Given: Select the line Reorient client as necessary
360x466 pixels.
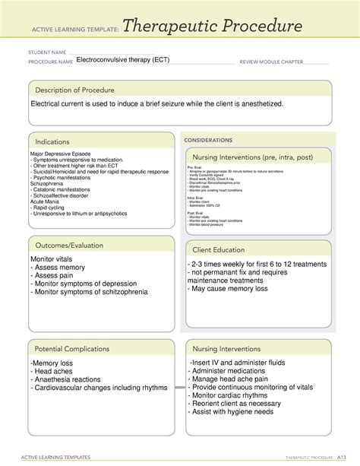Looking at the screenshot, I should [245, 402].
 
